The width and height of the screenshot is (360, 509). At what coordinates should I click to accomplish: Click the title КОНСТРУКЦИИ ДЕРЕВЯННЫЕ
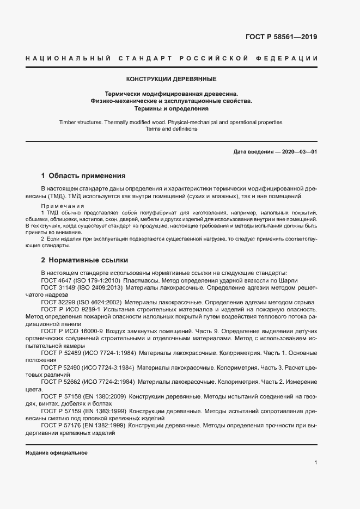[x=172, y=79]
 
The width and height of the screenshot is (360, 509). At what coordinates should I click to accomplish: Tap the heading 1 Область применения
[x=83, y=176]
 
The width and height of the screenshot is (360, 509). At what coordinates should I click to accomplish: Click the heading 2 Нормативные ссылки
[x=84, y=260]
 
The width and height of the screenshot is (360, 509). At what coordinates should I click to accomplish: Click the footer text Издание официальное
[x=57, y=452]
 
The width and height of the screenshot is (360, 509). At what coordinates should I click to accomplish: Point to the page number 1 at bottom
[x=316, y=463]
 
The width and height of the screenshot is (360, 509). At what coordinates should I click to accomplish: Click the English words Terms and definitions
[x=172, y=129]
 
